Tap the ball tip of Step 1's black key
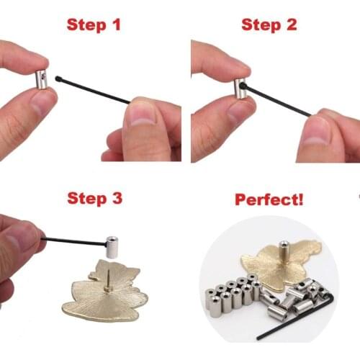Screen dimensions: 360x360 tap(58, 80)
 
